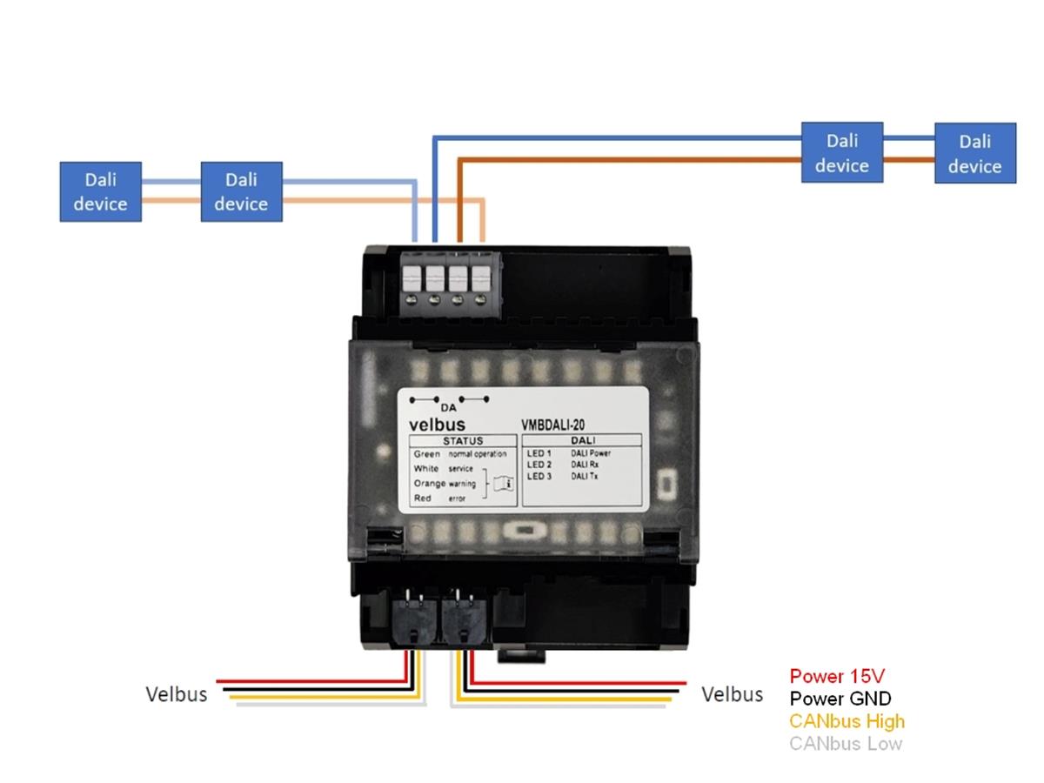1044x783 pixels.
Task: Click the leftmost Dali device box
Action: click(100, 191)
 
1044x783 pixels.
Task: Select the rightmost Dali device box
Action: click(975, 153)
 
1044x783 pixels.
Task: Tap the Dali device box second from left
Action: click(241, 191)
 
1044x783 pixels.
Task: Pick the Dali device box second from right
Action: click(842, 152)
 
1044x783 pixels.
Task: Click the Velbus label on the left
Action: click(177, 694)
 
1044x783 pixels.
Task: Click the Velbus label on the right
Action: click(733, 694)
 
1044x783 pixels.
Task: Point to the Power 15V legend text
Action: click(837, 676)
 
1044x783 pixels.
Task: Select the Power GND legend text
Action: click(840, 699)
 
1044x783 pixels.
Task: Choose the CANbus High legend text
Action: click(847, 721)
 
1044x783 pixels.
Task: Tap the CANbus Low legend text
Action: click(846, 744)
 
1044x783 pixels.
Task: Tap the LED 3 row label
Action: click(539, 477)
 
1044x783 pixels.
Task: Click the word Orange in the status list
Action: click(429, 484)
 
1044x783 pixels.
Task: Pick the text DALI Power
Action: click(591, 454)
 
